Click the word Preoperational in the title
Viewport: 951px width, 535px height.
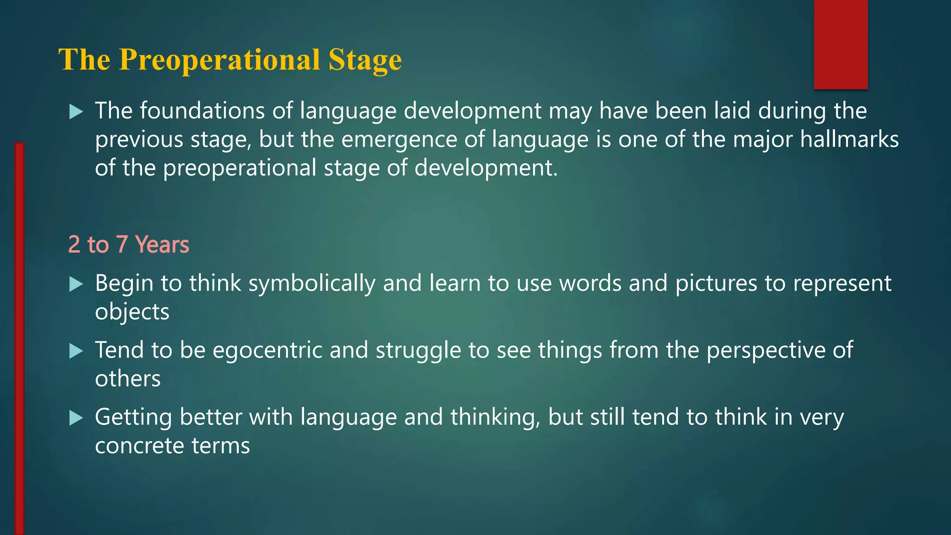point(219,60)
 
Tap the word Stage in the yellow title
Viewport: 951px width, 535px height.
point(365,60)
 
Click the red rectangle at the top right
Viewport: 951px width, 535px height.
point(840,44)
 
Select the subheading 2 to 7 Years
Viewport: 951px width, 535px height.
point(129,245)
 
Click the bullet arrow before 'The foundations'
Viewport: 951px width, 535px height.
point(76,112)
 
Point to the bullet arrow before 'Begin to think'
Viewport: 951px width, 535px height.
point(76,284)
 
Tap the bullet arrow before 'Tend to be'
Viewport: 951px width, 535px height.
point(76,351)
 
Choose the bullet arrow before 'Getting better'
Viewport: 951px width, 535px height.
point(76,418)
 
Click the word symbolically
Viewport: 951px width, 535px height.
point(312,284)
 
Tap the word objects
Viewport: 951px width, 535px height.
point(132,312)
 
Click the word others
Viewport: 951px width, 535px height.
point(128,379)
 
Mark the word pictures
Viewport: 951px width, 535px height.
point(716,284)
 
